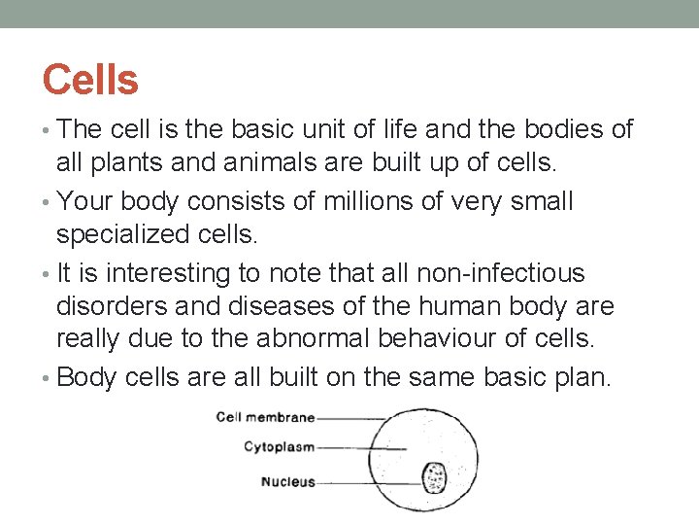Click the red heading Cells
pos(90,79)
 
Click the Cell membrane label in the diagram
pos(265,418)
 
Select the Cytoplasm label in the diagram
pos(278,448)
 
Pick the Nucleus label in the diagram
pos(287,482)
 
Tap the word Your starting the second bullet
pos(87,202)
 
